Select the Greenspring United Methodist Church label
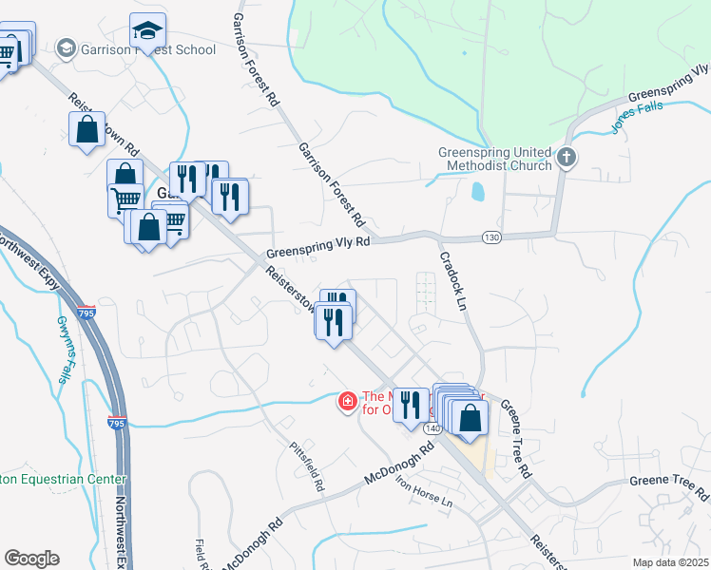pos(494,159)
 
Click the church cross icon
pos(566,158)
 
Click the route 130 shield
pos(490,237)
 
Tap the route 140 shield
pos(432,429)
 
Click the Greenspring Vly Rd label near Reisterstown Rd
pos(317,248)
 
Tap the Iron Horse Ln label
pos(426,499)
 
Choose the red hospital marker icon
pos(348,403)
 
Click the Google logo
pos(31,559)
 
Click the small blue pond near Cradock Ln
pos(477,191)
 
